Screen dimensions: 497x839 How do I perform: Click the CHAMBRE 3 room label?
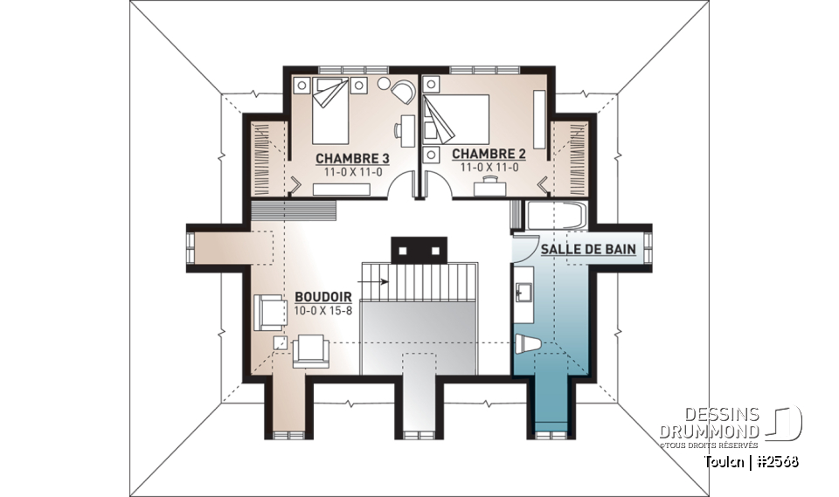(x=352, y=158)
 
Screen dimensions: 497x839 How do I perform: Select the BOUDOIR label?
(x=322, y=297)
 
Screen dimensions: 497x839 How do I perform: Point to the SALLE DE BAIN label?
(x=587, y=249)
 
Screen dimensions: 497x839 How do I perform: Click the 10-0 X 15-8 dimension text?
(x=322, y=311)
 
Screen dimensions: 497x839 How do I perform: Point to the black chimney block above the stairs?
(x=419, y=249)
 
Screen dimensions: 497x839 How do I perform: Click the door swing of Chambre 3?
(x=404, y=184)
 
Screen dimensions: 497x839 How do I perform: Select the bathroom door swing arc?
(x=524, y=249)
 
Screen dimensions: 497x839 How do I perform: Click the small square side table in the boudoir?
(x=281, y=342)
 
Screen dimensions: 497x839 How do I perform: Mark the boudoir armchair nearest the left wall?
(x=270, y=312)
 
